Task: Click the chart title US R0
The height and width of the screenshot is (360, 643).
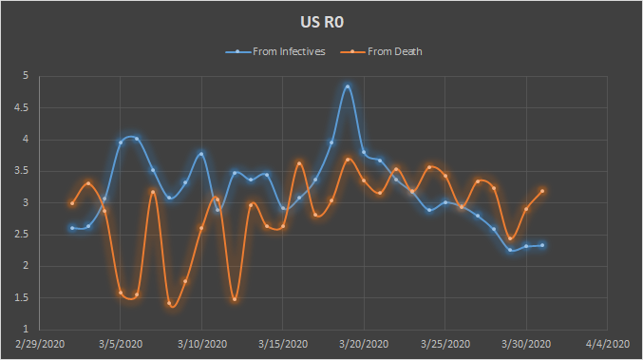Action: click(x=322, y=22)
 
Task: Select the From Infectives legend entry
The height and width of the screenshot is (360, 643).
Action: click(x=275, y=51)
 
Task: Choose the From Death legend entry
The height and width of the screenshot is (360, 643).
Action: click(x=382, y=51)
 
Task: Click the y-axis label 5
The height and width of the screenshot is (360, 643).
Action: click(x=26, y=76)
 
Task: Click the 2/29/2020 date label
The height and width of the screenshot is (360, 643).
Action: click(x=40, y=344)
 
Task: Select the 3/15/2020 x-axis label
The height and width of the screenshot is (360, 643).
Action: click(x=283, y=344)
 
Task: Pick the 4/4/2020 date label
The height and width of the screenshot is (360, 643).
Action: click(x=607, y=344)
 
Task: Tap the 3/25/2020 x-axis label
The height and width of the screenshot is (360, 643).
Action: click(x=445, y=344)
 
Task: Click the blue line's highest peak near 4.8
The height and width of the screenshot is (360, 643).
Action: click(x=348, y=86)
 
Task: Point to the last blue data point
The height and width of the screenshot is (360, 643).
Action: click(x=542, y=245)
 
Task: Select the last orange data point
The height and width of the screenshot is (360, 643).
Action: click(x=542, y=191)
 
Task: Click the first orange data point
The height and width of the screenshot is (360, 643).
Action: click(x=72, y=203)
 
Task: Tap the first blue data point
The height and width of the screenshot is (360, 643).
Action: click(x=72, y=228)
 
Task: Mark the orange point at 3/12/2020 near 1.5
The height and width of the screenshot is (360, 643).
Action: click(x=235, y=299)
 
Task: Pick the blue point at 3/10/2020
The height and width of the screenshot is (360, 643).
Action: click(x=201, y=154)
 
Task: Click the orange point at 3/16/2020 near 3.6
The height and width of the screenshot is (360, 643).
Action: click(x=299, y=163)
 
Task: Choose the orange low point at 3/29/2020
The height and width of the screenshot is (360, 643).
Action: click(x=510, y=238)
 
